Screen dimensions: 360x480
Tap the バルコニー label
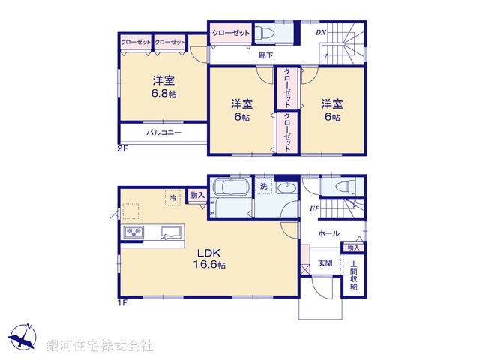pos(160,133)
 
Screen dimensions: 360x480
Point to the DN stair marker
pos(319,34)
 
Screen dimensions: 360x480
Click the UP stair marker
pos(316,208)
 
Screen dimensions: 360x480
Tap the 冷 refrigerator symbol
pos(173,197)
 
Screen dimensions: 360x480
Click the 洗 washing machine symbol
pos(264,185)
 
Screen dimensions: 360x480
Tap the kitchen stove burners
pos(133,232)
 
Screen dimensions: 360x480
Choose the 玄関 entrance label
pos(325,262)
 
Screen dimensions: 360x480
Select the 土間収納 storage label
pos(353,275)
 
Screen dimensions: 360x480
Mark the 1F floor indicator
pos(124,302)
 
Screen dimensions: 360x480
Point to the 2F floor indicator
pos(123,148)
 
